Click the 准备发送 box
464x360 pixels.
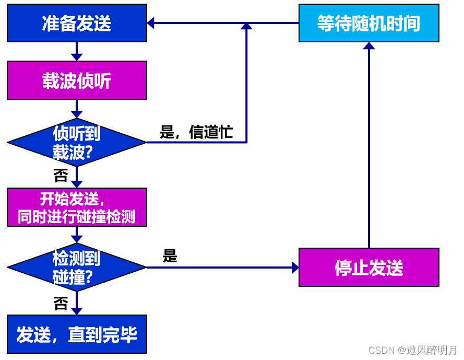(x=77, y=23)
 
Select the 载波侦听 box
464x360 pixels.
(x=77, y=80)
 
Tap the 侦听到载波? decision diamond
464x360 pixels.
(x=77, y=142)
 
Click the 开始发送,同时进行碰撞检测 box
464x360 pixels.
(x=77, y=207)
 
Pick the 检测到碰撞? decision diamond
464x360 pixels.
(x=77, y=268)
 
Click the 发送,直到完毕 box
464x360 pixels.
(x=77, y=334)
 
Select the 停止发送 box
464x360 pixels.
(x=368, y=268)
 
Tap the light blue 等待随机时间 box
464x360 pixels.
(x=368, y=23)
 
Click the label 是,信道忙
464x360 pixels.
(x=196, y=133)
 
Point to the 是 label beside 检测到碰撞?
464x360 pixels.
(x=170, y=256)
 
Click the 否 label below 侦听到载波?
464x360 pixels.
(x=61, y=175)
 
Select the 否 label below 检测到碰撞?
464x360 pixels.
(x=61, y=304)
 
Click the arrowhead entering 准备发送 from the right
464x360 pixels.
(x=151, y=23)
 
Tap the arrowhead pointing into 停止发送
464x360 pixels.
(x=295, y=268)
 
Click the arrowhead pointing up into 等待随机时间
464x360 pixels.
(x=369, y=46)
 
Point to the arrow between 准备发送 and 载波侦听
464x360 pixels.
(x=77, y=52)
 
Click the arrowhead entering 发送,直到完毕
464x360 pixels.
(x=77, y=311)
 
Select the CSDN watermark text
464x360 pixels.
(x=412, y=350)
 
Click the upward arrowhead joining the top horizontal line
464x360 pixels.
(x=246, y=26)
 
